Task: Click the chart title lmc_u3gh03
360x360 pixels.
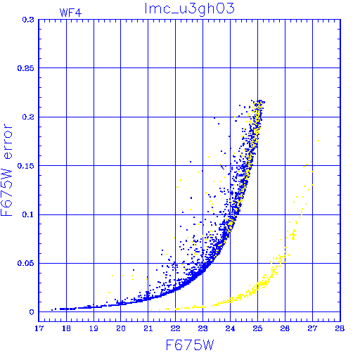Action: pos(189,9)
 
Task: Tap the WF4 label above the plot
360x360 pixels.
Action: pos(70,13)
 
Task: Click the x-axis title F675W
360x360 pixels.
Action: pos(190,345)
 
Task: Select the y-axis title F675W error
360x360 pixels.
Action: pos(6,170)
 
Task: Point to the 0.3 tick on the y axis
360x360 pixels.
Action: pos(28,20)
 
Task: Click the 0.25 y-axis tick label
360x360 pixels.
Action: pos(26,68)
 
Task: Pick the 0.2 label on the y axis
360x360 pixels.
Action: pos(28,117)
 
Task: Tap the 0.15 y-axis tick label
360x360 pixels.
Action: pos(26,166)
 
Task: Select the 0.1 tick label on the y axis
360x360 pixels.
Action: pos(28,214)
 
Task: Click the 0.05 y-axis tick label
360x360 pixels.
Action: pos(26,263)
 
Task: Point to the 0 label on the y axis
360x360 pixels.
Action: pos(32,312)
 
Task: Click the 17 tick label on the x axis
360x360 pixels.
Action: pos(39,328)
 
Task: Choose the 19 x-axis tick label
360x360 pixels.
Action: pos(94,328)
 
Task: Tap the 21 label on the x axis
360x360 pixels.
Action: pos(148,328)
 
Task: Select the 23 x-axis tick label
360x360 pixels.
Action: pos(202,328)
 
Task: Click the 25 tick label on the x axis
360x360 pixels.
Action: pos(257,328)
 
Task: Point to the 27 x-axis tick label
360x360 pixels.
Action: pos(312,328)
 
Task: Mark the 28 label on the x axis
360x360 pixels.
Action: pos(340,328)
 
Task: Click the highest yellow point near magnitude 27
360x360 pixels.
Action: pos(309,110)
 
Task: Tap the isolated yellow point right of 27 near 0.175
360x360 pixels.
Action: pos(318,141)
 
